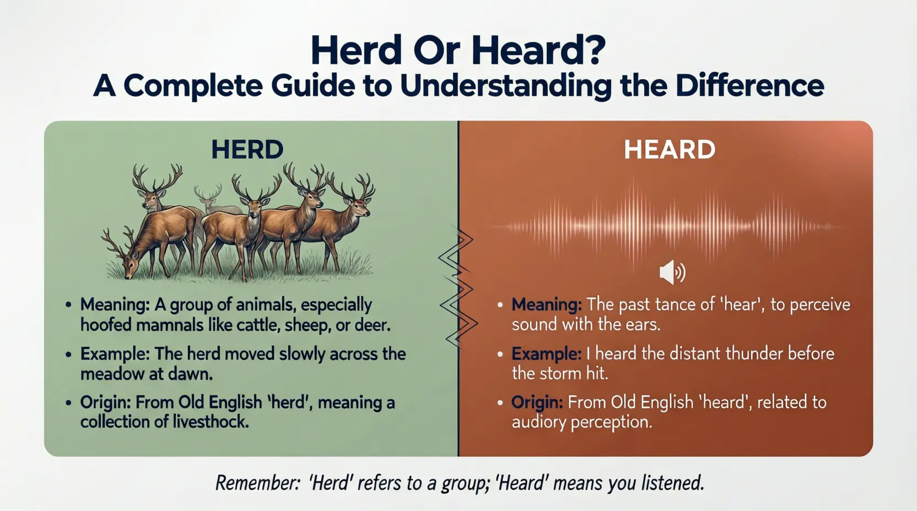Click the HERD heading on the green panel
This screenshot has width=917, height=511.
click(247, 149)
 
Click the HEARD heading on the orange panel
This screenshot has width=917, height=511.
click(670, 149)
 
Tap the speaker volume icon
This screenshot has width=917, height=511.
click(672, 273)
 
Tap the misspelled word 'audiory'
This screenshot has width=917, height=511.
click(539, 422)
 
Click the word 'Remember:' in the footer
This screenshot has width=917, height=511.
click(257, 483)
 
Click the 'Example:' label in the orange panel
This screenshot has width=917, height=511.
click(546, 353)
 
